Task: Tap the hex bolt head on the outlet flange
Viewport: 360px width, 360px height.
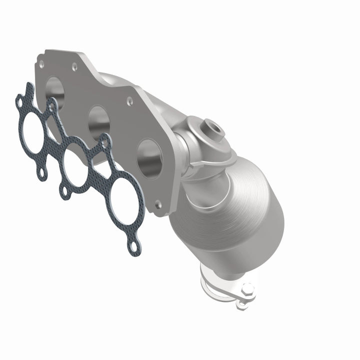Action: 246,289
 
